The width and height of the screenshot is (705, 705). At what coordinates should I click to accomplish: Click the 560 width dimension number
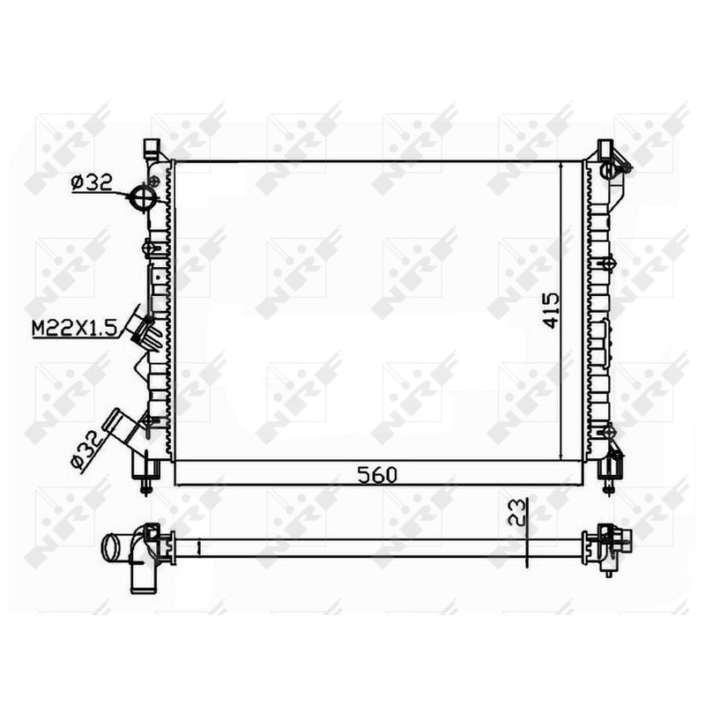click(377, 475)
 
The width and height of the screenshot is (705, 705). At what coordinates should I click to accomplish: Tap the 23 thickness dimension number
click(516, 512)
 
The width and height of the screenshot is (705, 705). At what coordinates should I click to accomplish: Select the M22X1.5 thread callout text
click(75, 328)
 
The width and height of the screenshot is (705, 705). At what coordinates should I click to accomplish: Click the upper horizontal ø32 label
click(92, 183)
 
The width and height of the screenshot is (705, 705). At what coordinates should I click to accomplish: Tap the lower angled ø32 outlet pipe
click(121, 427)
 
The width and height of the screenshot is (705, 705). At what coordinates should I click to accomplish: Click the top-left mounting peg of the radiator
click(152, 148)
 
